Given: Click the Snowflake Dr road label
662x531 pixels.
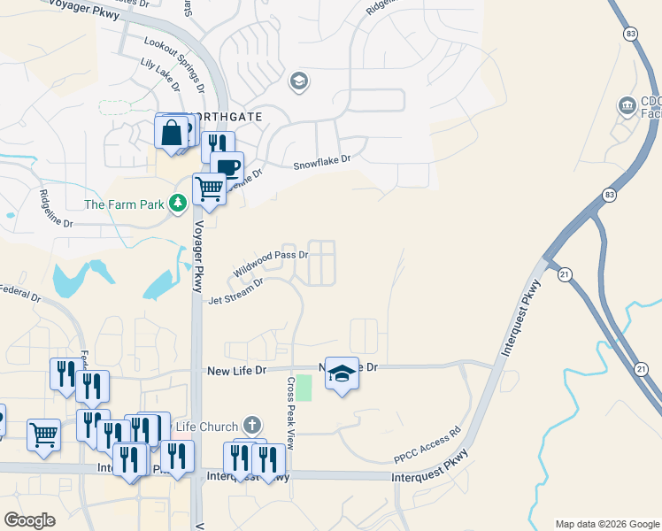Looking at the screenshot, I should [x=322, y=162].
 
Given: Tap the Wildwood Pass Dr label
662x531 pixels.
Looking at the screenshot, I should [x=270, y=262].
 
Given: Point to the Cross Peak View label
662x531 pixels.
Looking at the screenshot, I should [x=290, y=409].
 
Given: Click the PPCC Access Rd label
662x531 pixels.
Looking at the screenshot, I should [x=428, y=448].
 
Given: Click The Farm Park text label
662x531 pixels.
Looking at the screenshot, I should [x=124, y=204].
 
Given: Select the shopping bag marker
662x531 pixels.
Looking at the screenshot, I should [x=172, y=133].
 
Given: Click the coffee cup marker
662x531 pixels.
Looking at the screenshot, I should [x=227, y=166].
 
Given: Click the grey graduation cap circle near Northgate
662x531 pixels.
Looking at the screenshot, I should [x=298, y=82].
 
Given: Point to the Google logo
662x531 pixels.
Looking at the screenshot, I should [x=30, y=520].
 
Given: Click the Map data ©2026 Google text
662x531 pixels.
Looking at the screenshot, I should [x=606, y=524].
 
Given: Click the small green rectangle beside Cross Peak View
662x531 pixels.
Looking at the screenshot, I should [x=304, y=388].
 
